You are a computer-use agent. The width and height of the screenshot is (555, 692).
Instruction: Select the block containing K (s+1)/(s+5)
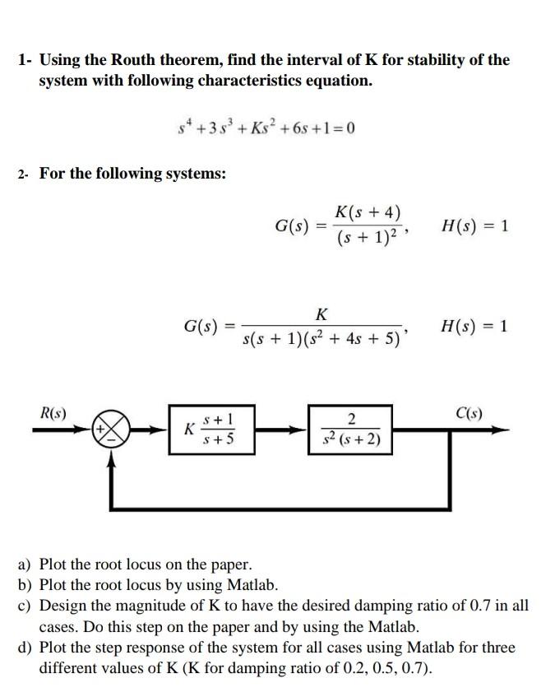[210, 430]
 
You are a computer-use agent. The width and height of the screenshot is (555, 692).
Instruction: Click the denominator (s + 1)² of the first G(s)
[368, 239]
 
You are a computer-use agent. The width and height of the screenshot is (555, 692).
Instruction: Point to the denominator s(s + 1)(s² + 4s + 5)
[325, 338]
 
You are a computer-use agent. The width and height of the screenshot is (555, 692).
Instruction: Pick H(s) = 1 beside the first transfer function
[474, 225]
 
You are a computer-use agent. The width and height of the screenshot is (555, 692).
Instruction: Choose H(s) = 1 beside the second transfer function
[474, 326]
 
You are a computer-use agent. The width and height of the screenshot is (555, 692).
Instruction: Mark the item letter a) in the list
[25, 565]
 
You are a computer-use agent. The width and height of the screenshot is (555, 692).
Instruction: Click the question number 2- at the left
[24, 174]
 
